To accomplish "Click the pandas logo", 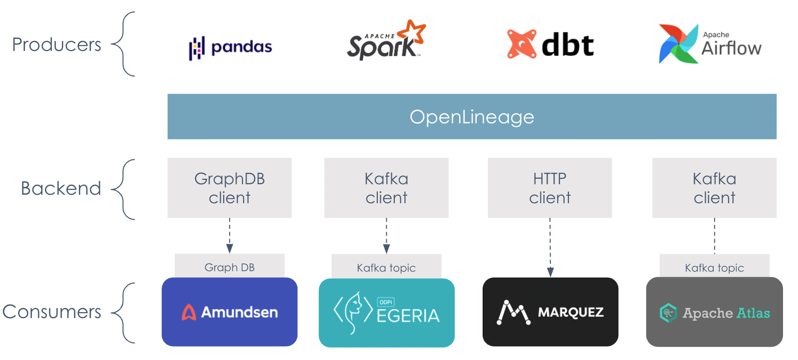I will (230, 47).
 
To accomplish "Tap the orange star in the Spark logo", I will (414, 31).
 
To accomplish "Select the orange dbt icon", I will (522, 44).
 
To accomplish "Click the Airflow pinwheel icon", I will (678, 44).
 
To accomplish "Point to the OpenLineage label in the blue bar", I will (472, 117).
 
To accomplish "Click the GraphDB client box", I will (230, 188).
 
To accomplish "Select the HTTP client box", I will (549, 188).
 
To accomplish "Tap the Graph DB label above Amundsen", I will (230, 267).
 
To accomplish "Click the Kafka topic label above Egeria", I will (386, 268).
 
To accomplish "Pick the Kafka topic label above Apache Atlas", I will (714, 268).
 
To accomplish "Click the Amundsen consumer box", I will (230, 312).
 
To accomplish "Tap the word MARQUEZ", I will (570, 313).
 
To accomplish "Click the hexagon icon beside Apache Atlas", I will (668, 313).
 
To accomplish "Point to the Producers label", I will (56, 44).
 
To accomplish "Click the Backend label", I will (61, 188).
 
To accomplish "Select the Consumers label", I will (52, 312).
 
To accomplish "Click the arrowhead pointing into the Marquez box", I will (550, 272).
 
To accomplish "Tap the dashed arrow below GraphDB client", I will (230, 235).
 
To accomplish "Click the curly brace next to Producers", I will (124, 44).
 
